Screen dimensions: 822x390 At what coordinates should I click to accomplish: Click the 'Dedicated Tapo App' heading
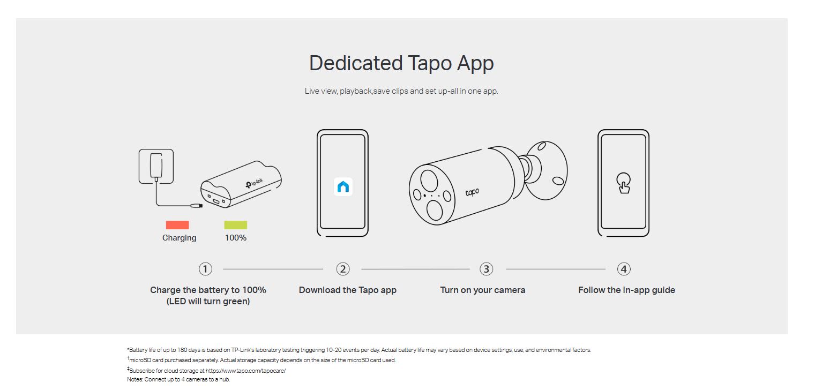click(401, 63)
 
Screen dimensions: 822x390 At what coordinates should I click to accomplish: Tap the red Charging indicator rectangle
click(177, 225)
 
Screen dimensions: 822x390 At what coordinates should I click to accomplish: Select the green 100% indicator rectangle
click(236, 225)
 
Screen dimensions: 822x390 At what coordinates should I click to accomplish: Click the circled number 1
click(206, 269)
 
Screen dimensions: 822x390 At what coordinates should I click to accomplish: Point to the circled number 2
click(343, 269)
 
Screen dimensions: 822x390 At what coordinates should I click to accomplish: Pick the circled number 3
click(486, 269)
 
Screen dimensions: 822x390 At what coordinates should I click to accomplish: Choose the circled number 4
click(624, 269)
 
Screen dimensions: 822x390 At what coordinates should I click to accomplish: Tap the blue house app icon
click(343, 187)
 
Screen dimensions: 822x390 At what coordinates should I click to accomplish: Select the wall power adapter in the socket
click(156, 166)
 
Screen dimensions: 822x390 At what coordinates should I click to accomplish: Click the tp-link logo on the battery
click(255, 183)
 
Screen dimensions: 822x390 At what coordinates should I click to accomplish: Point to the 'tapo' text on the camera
click(472, 192)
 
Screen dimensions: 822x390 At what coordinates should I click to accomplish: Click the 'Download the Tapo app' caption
click(348, 290)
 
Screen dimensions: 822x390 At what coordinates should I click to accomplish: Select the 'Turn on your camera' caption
click(483, 290)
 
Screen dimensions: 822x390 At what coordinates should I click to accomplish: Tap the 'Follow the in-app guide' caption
click(627, 290)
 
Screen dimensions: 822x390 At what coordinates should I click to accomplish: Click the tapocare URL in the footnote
click(245, 371)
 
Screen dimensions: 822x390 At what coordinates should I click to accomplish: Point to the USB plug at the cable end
click(197, 206)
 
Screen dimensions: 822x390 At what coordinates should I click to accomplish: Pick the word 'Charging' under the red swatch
click(180, 238)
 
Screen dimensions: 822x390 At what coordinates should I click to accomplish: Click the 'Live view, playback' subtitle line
click(401, 91)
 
